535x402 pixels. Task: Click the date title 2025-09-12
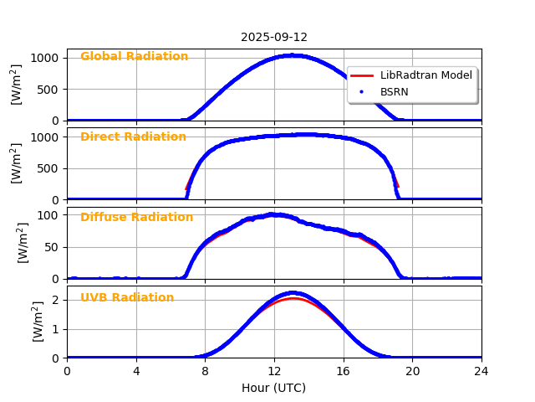pos(274,38)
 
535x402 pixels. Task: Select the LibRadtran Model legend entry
pos(425,75)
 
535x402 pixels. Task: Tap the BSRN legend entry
pos(394,92)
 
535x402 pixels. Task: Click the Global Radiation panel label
pos(135,57)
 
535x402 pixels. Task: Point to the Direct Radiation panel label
pos(133,137)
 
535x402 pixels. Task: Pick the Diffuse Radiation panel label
pos(136,218)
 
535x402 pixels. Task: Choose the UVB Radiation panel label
pos(127,298)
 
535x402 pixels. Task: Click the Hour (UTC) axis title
pos(274,388)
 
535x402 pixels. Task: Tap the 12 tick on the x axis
pos(274,371)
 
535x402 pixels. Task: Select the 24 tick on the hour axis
pos(481,371)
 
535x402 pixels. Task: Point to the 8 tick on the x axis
pos(205,371)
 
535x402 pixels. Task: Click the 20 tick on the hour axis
pos(412,371)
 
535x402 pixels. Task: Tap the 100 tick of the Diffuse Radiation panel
pos(48,215)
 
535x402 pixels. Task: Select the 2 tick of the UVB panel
pos(55,300)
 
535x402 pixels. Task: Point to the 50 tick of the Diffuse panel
pos(52,247)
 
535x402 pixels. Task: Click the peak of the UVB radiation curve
pos(292,293)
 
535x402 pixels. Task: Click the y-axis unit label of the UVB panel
pos(38,322)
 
